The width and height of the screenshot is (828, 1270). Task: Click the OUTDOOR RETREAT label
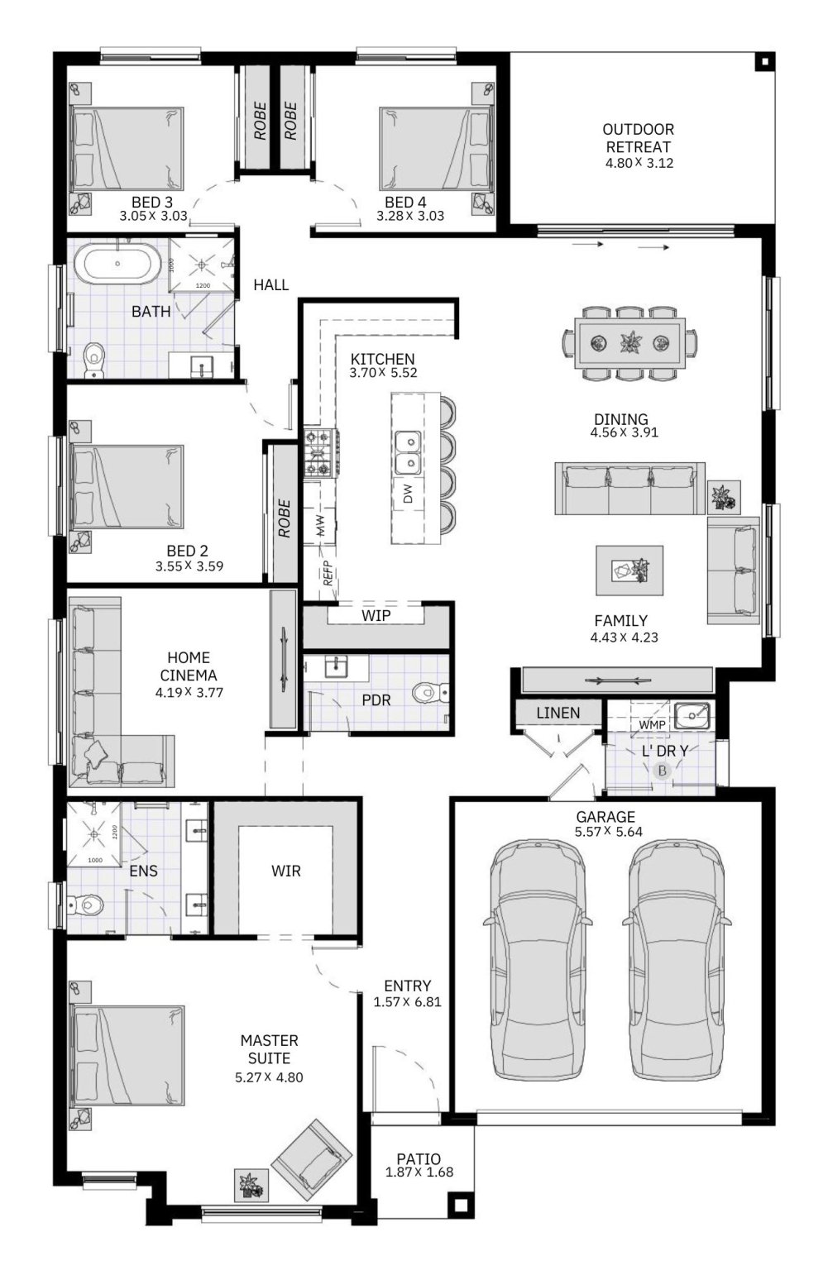[x=638, y=138]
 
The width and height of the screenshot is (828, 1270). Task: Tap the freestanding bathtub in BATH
[x=118, y=263]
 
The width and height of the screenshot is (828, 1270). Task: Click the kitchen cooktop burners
[x=321, y=452]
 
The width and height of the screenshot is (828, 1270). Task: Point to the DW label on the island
[x=408, y=494]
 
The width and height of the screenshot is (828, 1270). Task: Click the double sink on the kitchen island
[x=408, y=451]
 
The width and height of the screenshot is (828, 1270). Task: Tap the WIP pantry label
[x=376, y=616]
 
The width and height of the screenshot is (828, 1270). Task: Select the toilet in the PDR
[x=430, y=692]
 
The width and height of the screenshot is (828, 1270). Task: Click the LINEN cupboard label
[x=558, y=713]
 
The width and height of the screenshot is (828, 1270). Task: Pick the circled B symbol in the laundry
[x=662, y=771]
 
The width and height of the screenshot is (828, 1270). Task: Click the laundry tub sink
[x=692, y=716]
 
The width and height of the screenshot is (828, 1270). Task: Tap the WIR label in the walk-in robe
[x=285, y=871]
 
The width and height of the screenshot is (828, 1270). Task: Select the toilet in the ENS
[x=85, y=904]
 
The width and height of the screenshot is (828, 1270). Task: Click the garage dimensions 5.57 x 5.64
[x=608, y=832]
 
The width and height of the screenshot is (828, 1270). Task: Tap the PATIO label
[x=419, y=1159]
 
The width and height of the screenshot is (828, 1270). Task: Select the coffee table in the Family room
[x=629, y=571]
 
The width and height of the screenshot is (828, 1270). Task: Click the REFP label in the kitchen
[x=328, y=573]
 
